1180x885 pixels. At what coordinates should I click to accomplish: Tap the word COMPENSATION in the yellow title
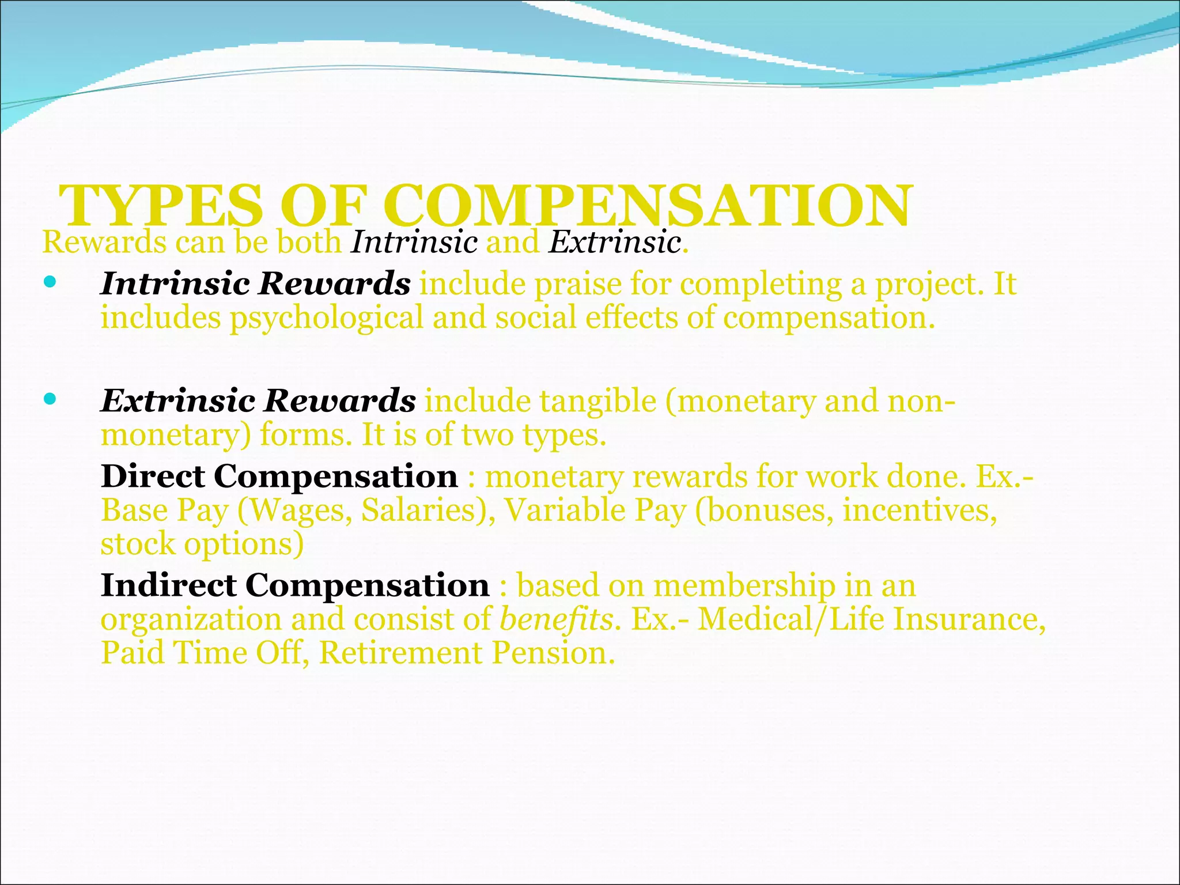[x=648, y=206]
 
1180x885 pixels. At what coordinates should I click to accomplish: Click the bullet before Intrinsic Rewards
[x=50, y=282]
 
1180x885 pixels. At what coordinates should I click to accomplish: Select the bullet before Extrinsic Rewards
[x=50, y=398]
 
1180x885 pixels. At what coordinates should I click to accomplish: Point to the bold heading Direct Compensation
[x=279, y=476]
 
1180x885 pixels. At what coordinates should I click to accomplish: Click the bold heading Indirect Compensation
[x=295, y=585]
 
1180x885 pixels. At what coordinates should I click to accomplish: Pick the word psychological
[x=327, y=319]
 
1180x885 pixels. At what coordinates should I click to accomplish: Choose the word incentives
[x=920, y=510]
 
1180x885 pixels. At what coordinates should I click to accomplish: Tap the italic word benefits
[x=555, y=620]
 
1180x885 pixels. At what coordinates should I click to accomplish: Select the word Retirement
[x=400, y=653]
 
